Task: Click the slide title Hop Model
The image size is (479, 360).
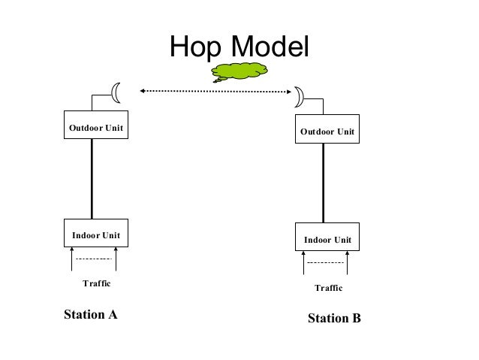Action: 239,47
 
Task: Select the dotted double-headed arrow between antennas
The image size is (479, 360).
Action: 215,92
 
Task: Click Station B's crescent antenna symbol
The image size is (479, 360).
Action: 298,96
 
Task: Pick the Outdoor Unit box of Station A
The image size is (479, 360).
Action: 96,127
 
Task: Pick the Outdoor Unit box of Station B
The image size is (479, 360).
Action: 327,132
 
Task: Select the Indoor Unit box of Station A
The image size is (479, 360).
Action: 96,235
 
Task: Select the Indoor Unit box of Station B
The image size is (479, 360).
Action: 327,240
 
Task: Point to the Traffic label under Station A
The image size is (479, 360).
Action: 96,283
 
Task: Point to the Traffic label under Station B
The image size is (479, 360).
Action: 328,288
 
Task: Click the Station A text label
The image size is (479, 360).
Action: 90,313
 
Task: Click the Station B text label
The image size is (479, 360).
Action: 334,319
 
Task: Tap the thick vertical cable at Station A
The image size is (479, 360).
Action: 92,180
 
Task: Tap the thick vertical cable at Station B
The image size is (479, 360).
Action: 324,184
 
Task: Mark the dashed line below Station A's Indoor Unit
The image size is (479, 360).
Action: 94,259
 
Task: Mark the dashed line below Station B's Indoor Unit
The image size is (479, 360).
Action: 326,264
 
